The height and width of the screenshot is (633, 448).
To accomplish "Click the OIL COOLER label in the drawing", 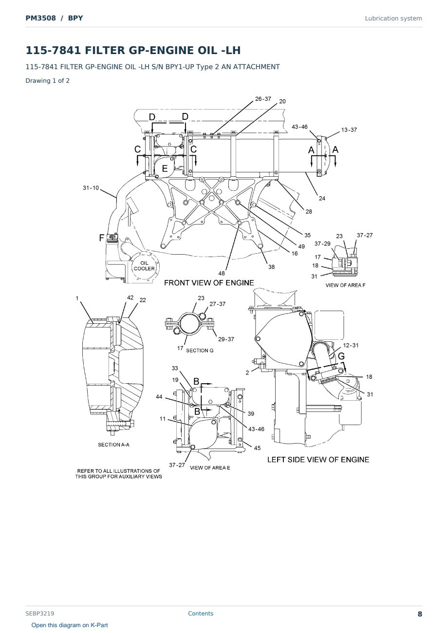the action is pyautogui.click(x=144, y=266).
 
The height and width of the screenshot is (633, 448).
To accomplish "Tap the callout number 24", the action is pyautogui.click(x=322, y=198).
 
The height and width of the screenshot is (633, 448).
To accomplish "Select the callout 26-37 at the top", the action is pyautogui.click(x=263, y=99).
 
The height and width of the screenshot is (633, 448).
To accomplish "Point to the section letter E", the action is pyautogui.click(x=165, y=168).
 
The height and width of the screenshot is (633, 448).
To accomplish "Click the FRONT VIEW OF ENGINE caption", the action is pyautogui.click(x=209, y=283).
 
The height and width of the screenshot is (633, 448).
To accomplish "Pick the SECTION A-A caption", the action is pyautogui.click(x=113, y=445).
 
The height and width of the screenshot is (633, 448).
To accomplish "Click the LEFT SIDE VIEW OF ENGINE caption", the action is pyautogui.click(x=318, y=460).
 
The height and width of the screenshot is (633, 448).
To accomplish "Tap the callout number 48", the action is pyautogui.click(x=222, y=273).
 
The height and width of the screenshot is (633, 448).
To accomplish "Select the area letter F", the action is pyautogui.click(x=102, y=238).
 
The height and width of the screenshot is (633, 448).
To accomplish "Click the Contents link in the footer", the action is pyautogui.click(x=201, y=614).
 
